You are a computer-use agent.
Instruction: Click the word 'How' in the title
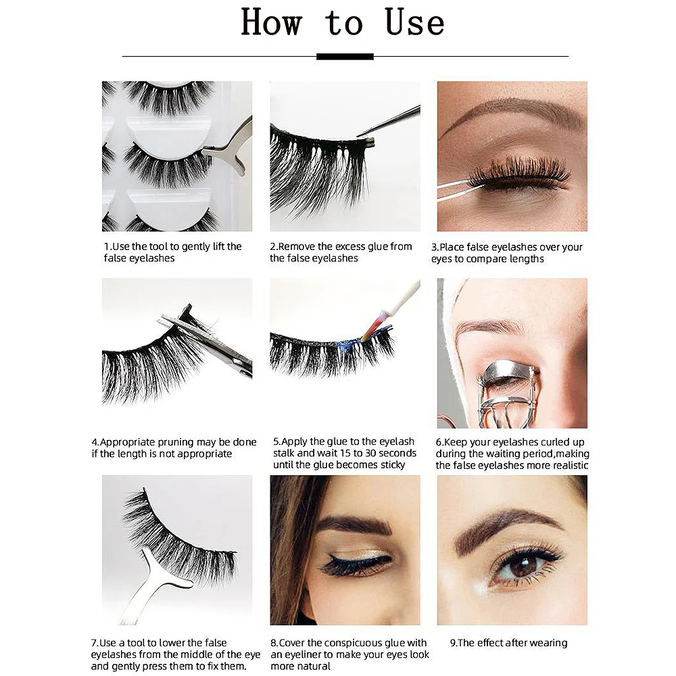point(271,22)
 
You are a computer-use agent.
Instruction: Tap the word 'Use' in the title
point(414,22)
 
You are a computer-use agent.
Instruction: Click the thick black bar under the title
point(345,57)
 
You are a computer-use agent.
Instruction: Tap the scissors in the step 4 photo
point(207,341)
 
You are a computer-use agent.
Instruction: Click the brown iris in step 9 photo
point(522,566)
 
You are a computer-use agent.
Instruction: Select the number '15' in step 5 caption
point(345,453)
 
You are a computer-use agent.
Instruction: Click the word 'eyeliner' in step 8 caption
point(300,654)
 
